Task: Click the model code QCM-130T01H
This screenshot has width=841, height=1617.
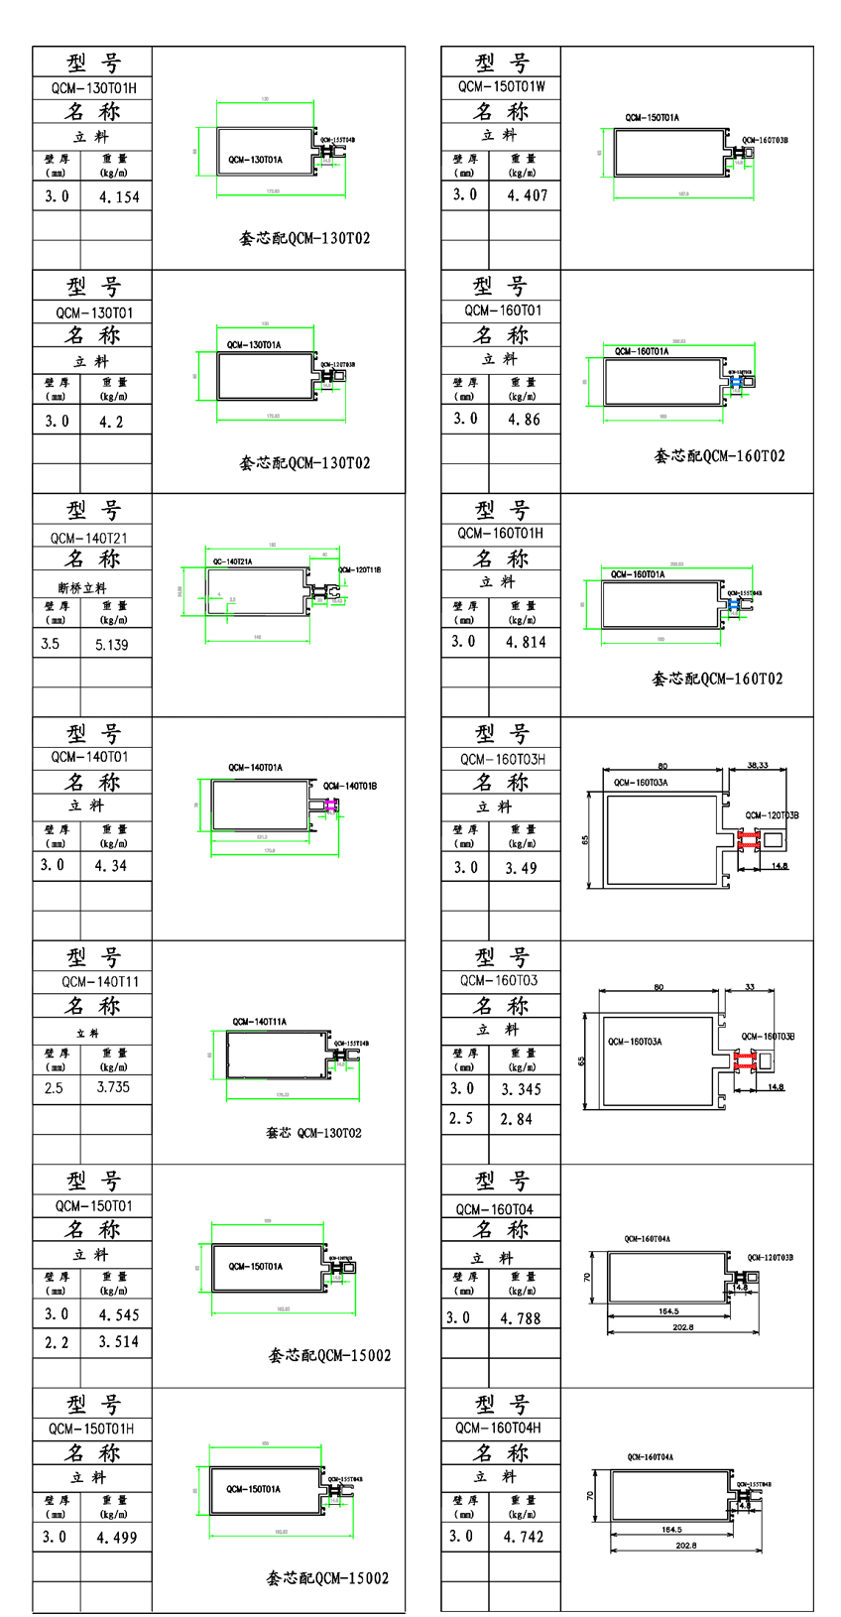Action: point(94,88)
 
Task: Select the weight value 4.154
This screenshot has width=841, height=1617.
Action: point(119,197)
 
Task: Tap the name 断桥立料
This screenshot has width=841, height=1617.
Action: point(82,587)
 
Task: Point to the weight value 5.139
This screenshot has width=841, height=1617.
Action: point(112,645)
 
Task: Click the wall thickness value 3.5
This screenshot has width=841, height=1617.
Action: point(51,644)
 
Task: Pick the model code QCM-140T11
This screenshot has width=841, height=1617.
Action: point(100,982)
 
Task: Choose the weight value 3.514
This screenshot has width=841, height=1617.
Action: point(119,1342)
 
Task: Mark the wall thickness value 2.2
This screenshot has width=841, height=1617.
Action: point(57,1342)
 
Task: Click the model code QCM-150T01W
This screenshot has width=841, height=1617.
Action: point(502,86)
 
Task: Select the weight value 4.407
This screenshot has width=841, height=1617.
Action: point(527,195)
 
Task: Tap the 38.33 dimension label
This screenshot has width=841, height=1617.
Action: point(758,766)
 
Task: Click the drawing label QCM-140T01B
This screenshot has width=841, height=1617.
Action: point(350,786)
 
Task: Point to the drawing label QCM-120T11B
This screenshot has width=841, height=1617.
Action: point(359,570)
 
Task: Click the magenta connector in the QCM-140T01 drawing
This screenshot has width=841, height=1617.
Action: point(331,806)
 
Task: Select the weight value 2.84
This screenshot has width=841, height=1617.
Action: point(517,1119)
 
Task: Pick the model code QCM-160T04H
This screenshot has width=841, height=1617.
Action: point(498,1428)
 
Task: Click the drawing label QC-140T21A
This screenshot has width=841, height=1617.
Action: point(232,561)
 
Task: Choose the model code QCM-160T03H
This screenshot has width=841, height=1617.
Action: point(503,759)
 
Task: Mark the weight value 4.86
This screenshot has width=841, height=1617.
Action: point(524,420)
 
